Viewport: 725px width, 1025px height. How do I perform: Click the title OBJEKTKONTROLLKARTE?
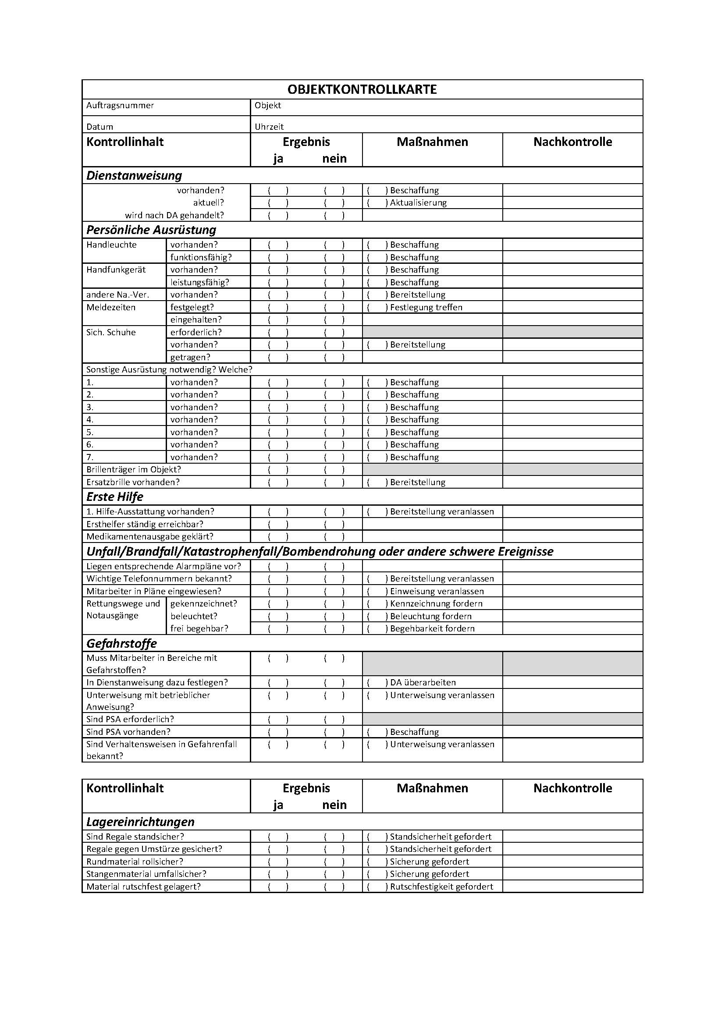362,89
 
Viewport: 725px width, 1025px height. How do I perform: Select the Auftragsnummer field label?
120,105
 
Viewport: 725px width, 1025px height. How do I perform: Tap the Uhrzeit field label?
269,127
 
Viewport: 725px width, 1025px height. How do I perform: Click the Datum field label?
100,127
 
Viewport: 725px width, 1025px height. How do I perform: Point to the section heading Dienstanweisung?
134,175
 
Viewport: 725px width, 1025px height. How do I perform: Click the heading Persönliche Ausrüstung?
151,230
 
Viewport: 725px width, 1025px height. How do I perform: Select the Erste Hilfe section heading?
115,497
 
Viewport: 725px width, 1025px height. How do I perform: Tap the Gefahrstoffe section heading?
121,643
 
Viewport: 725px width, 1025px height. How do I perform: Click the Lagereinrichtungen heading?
140,822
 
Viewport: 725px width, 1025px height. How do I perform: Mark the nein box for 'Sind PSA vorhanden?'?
334,732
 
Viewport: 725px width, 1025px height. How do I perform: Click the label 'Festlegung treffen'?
426,307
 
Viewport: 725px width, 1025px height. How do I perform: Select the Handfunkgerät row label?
116,270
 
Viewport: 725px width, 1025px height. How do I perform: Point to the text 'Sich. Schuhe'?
111,332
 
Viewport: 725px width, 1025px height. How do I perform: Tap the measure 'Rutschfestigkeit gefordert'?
441,887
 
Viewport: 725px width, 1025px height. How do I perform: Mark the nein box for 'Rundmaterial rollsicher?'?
334,862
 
